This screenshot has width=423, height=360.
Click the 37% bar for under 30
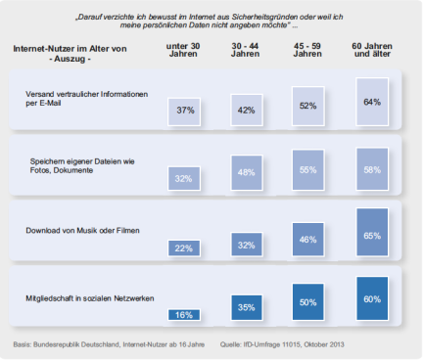click(x=184, y=112)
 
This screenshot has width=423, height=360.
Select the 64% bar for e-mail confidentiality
click(x=372, y=102)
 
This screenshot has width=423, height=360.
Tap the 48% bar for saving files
click(x=247, y=173)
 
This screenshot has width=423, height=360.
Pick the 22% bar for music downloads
click(x=184, y=248)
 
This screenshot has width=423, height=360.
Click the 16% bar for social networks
click(x=184, y=315)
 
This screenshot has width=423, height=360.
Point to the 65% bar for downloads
click(x=372, y=232)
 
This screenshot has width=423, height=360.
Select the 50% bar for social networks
click(x=308, y=302)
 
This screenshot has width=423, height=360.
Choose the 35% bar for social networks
click(x=247, y=307)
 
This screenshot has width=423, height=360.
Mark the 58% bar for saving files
click(x=372, y=169)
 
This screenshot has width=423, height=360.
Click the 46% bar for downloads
click(x=308, y=240)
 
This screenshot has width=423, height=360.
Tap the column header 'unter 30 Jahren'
click(x=183, y=50)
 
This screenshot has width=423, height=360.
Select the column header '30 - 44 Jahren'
click(x=245, y=50)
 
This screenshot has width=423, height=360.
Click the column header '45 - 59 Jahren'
click(x=307, y=50)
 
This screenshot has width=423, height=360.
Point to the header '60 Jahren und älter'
click(x=372, y=50)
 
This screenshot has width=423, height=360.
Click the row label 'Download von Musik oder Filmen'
click(x=82, y=231)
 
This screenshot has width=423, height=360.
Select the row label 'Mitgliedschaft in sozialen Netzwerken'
click(x=90, y=298)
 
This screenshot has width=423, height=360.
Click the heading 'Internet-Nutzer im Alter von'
click(x=70, y=49)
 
